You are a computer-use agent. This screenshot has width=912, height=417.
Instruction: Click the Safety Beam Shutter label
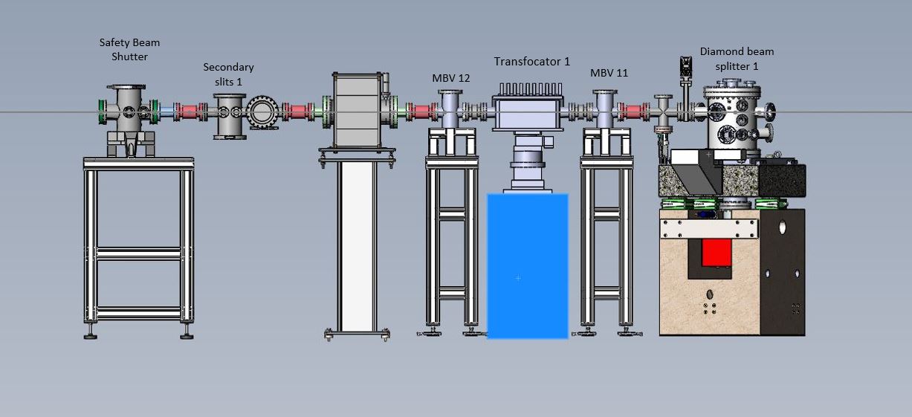point(129,49)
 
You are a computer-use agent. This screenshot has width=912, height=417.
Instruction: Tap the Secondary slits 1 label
point(228,74)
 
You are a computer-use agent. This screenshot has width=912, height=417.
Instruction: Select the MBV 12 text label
point(450,78)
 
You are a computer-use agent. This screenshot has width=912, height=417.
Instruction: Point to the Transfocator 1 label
point(531,62)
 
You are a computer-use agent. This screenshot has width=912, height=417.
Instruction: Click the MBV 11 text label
point(609,73)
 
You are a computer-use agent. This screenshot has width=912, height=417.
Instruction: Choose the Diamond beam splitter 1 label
point(737,59)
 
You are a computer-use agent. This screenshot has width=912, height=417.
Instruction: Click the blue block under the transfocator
point(528,266)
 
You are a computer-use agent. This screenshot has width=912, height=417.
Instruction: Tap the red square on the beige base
point(717,253)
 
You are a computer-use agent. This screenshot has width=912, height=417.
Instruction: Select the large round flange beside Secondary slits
point(263,112)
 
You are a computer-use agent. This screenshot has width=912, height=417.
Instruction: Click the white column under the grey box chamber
point(357,246)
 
